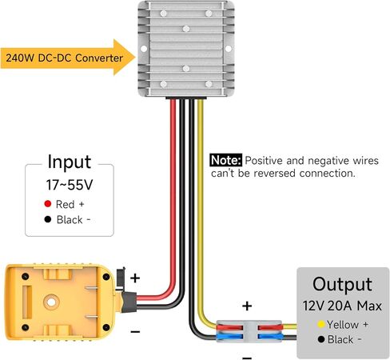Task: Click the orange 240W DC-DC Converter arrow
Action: click(68, 58)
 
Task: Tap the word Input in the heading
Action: click(70, 162)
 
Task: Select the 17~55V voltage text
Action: click(70, 185)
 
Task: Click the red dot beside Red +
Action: click(48, 204)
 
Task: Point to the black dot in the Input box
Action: click(48, 219)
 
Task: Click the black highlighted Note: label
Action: click(226, 160)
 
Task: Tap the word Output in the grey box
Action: click(342, 284)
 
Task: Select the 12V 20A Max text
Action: click(342, 306)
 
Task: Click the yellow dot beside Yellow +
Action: click(321, 324)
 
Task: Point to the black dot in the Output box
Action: click(321, 339)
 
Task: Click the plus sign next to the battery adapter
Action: click(135, 278)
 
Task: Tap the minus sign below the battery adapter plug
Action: click(135, 332)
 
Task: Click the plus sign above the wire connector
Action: click(247, 306)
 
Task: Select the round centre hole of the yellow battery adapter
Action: click(51, 302)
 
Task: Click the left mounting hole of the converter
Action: click(144, 49)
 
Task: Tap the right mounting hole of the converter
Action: click(229, 49)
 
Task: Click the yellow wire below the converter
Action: click(201, 214)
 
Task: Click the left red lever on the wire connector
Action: click(230, 327)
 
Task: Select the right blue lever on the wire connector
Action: click(270, 337)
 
